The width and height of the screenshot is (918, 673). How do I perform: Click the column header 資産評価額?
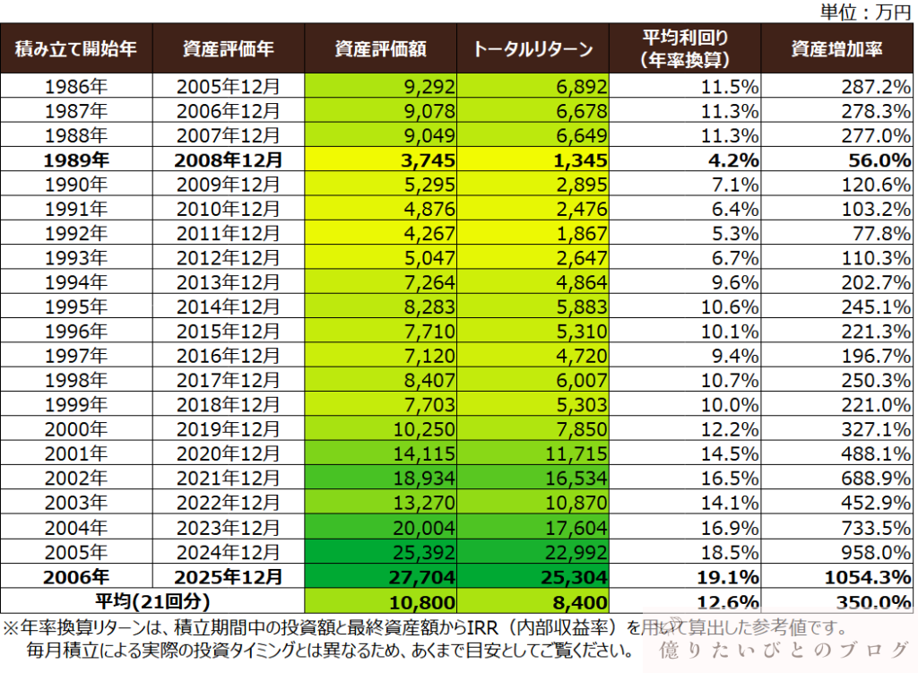pos(380,48)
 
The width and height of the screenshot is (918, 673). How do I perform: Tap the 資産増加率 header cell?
pos(836,48)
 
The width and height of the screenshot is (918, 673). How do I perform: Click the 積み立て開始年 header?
pos(76,48)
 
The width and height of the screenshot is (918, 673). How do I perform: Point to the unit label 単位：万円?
pos(866,12)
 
